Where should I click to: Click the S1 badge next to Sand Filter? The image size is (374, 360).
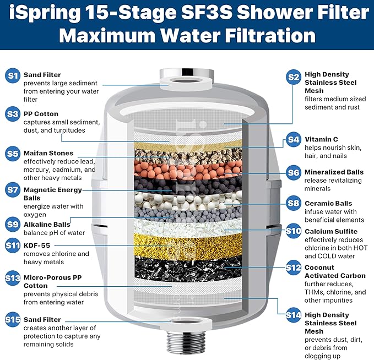pos(12,76)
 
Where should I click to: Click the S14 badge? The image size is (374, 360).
pos(294,315)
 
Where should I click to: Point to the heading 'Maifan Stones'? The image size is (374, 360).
pos(48,153)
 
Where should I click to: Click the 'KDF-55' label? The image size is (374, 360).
pos(36,246)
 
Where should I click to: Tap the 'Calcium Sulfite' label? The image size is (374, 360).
pos(333,231)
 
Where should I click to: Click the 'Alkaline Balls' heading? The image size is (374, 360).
pos(47,224)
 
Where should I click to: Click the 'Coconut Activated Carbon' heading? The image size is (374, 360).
pos(334,272)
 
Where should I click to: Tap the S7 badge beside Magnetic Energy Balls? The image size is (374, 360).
pos(12,190)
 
